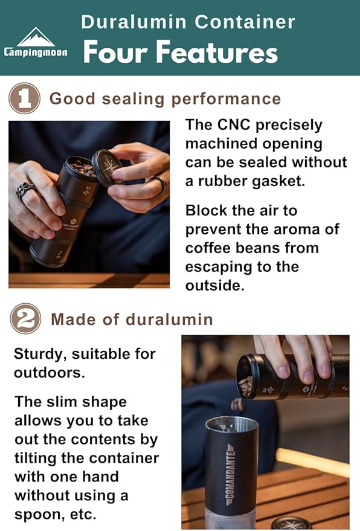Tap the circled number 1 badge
point(25,98)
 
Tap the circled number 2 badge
point(25,319)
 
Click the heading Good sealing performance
point(165,98)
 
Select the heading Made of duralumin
point(132,319)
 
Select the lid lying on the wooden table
point(291,523)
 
